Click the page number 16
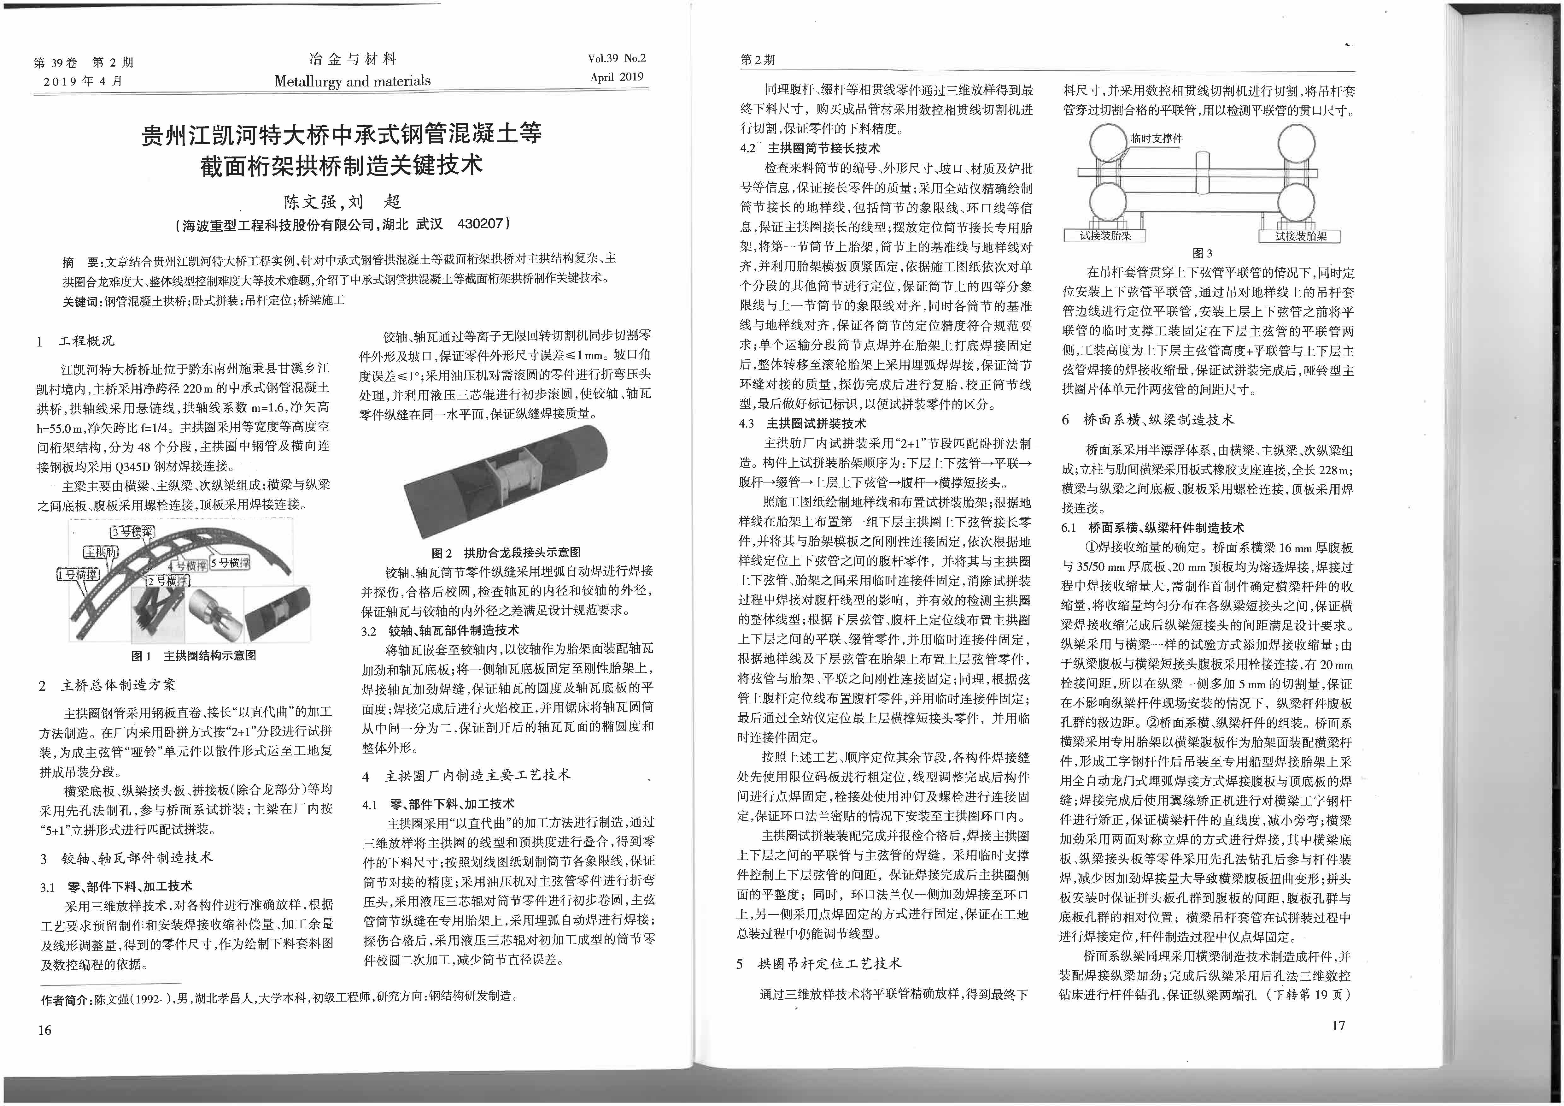(45, 1030)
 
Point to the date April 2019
(617, 77)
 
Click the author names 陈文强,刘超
(342, 202)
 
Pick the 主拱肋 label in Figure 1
(101, 551)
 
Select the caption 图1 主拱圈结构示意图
(193, 656)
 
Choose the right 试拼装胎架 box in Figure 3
(1300, 236)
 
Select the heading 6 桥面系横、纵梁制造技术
(1147, 420)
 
